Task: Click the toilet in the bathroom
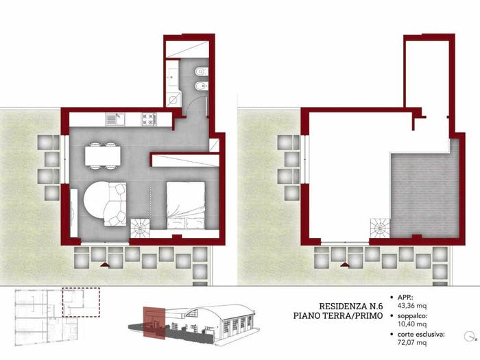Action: tap(200, 71)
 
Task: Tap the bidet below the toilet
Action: tap(200, 86)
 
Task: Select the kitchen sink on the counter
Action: tap(115, 119)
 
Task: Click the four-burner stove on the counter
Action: tap(149, 119)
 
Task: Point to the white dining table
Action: tap(103, 156)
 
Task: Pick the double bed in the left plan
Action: tap(186, 205)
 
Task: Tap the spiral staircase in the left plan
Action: tap(140, 228)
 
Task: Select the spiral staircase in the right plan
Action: tap(380, 228)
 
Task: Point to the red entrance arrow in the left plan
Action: tap(105, 265)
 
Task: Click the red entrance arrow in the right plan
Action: tap(345, 265)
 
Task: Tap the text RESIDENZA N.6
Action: tap(351, 306)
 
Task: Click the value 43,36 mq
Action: tap(412, 305)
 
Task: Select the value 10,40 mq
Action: tap(412, 324)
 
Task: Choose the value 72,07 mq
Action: tap(412, 342)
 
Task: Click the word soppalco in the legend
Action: tap(412, 317)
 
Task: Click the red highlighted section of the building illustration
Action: tap(154, 323)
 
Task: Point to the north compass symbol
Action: tap(469, 337)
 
